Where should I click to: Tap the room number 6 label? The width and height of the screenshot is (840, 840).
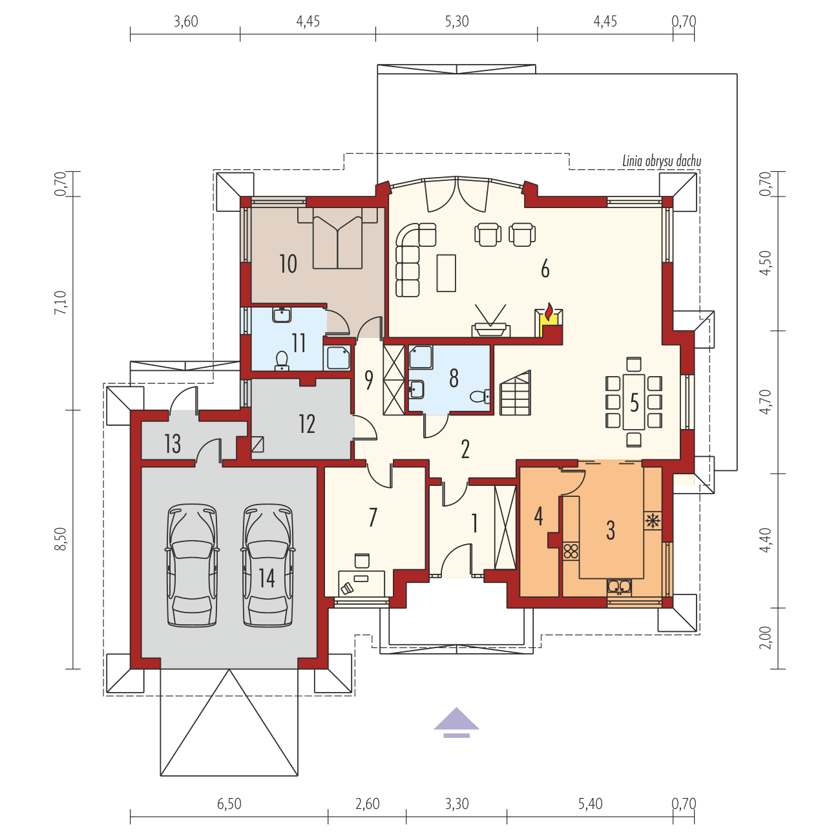click(545, 269)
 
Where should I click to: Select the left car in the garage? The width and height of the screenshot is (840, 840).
click(192, 565)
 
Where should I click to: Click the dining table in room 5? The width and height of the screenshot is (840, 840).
click(634, 402)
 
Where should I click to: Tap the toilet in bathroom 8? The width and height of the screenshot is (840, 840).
click(479, 396)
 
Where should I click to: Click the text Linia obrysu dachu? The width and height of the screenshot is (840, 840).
click(661, 162)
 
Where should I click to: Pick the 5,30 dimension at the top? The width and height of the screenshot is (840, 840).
click(456, 21)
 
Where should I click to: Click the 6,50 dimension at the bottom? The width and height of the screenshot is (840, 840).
click(229, 804)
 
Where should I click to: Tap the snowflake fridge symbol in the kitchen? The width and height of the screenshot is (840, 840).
click(653, 520)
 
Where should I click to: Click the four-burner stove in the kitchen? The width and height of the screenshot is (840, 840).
click(571, 551)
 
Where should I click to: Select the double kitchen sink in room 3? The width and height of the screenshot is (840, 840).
click(619, 587)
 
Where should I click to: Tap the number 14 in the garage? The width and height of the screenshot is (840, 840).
click(267, 578)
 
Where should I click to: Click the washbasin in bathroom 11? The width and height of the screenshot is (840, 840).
click(282, 315)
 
